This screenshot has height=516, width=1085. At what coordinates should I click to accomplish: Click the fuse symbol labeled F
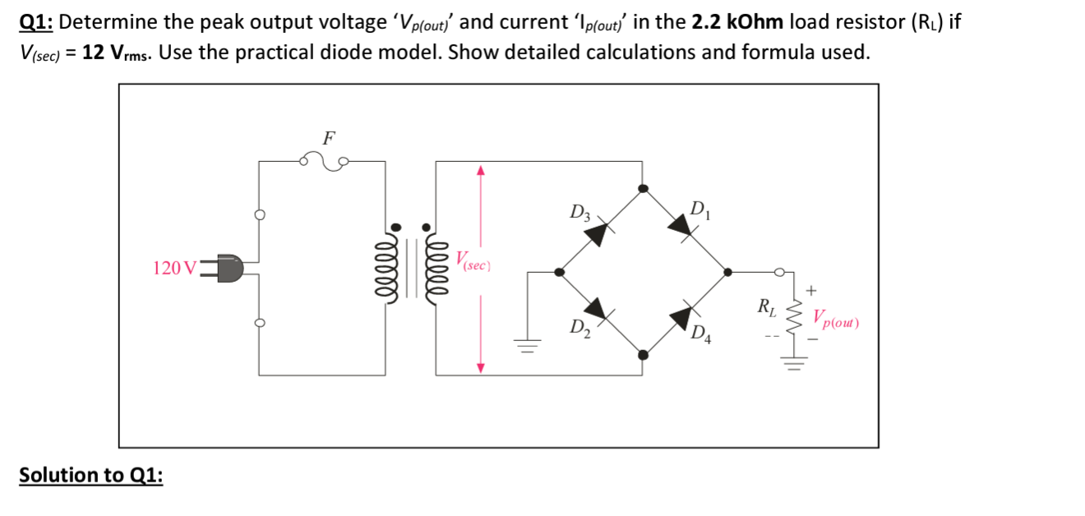coord(327,160)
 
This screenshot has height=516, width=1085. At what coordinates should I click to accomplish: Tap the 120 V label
coord(174,269)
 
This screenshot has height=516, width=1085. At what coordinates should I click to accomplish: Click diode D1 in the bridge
coord(681,224)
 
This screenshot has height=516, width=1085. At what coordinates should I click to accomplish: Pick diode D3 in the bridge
coord(597,233)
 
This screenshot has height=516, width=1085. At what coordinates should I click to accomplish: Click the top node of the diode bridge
coord(644,188)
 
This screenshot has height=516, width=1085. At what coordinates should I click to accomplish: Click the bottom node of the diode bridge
coord(644,355)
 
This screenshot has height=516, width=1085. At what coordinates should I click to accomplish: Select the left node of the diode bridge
coord(560,271)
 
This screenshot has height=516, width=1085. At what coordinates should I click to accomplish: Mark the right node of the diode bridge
coord(727,271)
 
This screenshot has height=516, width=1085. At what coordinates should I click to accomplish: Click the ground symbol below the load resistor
coord(795,362)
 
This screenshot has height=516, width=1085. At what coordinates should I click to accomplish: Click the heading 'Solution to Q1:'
coord(90,476)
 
